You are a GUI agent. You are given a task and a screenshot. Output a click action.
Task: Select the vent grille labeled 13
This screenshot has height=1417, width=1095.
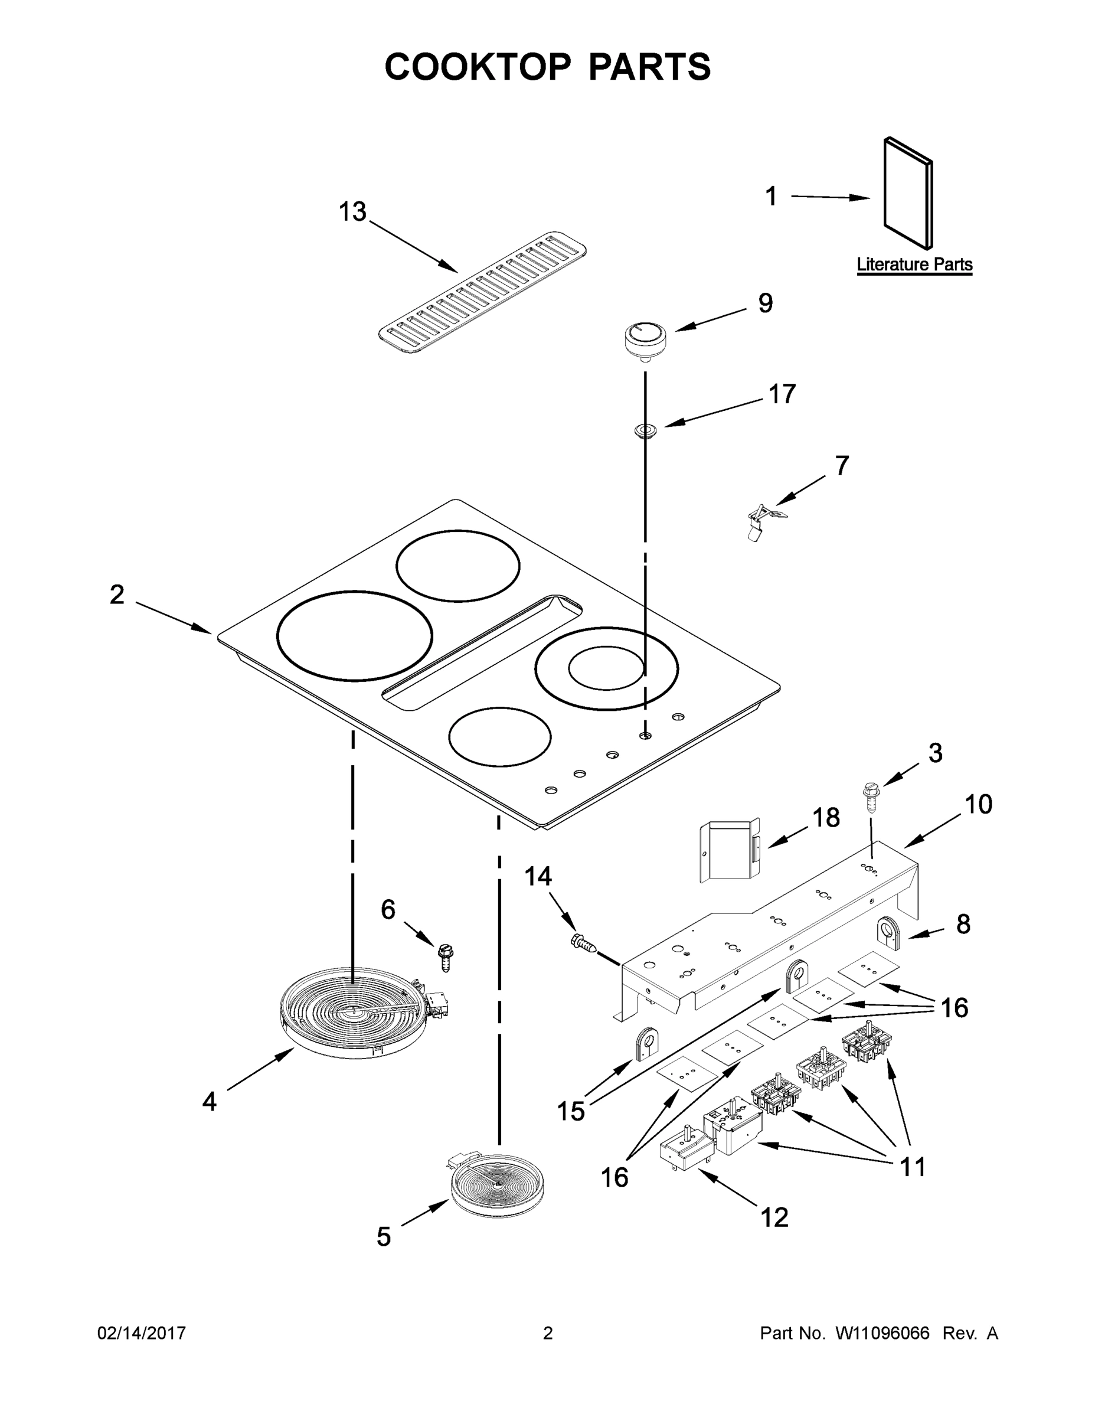click(482, 292)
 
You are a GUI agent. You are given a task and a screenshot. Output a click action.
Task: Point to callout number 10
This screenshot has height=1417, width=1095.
click(978, 805)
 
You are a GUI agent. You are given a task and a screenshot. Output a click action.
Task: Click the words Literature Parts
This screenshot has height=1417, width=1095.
click(914, 265)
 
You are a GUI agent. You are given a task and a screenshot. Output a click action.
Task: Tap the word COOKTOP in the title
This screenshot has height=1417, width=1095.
click(478, 67)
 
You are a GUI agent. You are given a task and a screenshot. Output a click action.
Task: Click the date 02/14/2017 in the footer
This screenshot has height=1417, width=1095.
click(142, 1333)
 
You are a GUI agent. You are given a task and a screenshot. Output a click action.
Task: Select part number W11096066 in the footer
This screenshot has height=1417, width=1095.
click(882, 1333)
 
